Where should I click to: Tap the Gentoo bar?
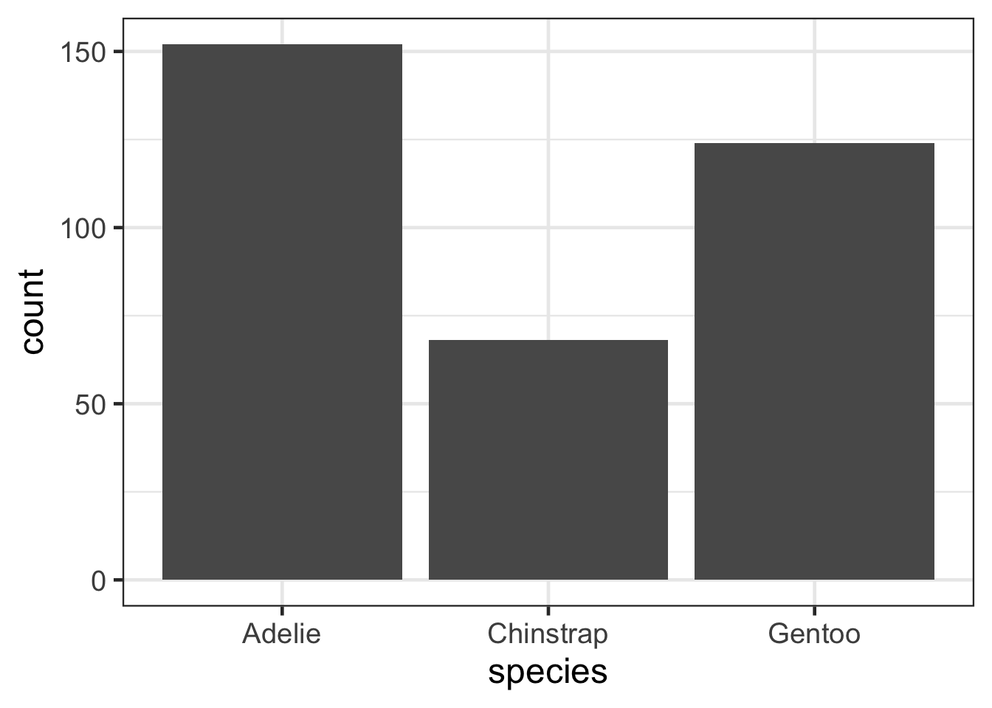click(814, 361)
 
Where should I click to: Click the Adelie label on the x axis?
click(282, 634)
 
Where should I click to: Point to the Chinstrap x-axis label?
click(548, 634)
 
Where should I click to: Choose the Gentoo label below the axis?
click(814, 634)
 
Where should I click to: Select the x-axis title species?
click(548, 673)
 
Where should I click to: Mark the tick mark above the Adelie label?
click(282, 611)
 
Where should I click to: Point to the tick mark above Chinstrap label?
click(548, 611)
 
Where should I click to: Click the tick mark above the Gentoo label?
click(814, 611)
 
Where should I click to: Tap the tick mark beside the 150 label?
click(117, 52)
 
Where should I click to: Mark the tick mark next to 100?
click(117, 228)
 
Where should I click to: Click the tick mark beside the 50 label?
click(117, 403)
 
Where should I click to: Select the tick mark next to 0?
click(117, 580)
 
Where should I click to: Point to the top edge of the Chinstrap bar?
click(548, 341)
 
